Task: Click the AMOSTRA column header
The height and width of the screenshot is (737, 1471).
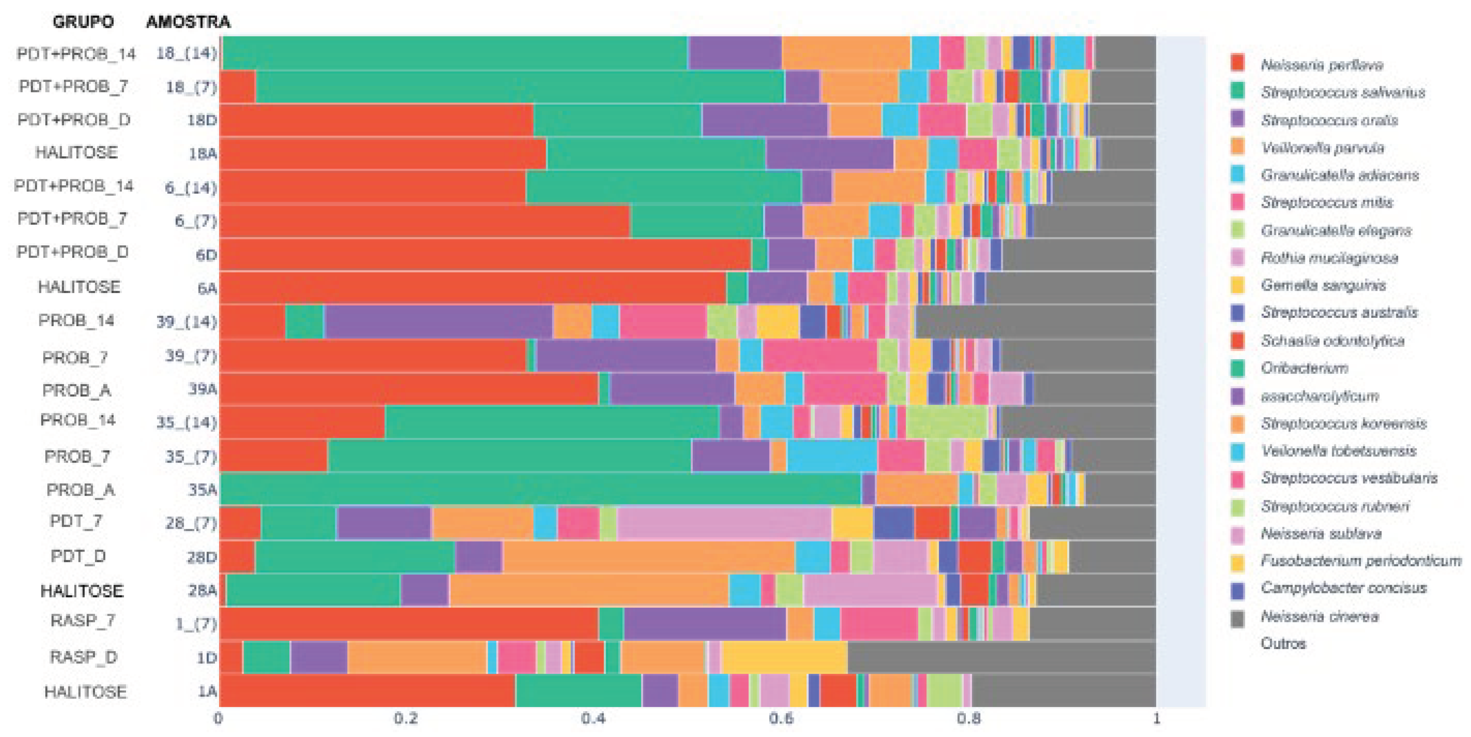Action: pos(188,22)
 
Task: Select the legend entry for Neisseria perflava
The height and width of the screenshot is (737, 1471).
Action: pos(1322,64)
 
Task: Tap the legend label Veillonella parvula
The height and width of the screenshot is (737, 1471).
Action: pos(1322,148)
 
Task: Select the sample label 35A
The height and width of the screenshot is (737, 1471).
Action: pos(203,490)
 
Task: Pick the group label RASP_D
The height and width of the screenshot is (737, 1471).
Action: pos(83,657)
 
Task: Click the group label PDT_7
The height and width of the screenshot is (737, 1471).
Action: pos(76,521)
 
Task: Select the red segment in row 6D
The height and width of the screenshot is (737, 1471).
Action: pos(485,254)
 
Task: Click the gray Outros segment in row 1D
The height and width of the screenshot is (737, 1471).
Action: pos(1001,657)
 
